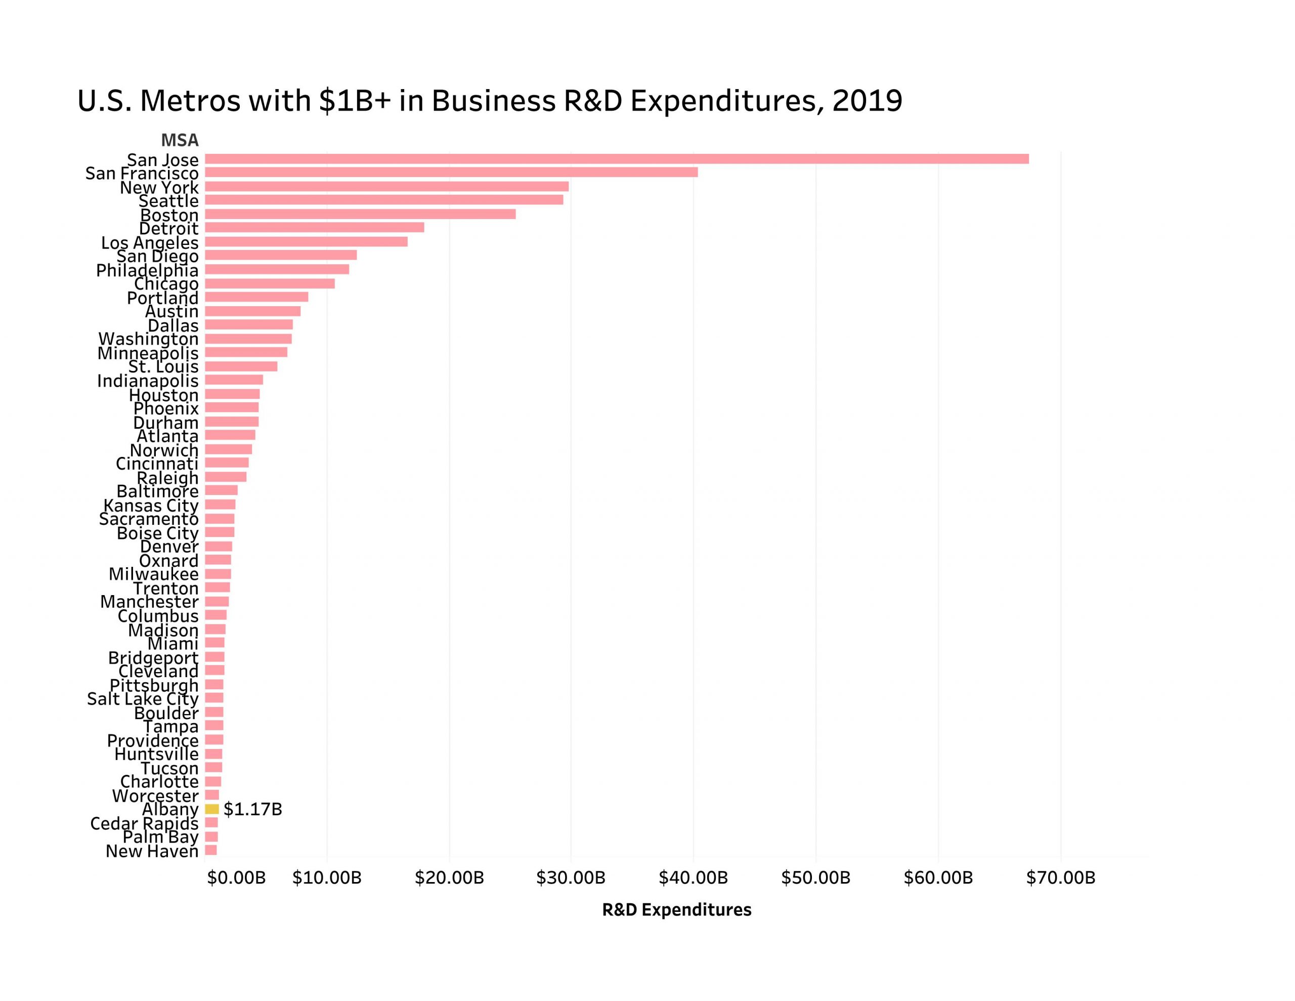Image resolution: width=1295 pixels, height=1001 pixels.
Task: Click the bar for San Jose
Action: click(617, 159)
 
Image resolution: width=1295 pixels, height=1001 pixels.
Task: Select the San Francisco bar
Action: click(451, 173)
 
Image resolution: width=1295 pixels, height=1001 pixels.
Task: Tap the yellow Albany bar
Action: click(211, 809)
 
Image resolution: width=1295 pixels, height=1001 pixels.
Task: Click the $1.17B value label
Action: click(252, 809)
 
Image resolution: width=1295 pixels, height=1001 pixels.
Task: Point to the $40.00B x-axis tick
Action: click(693, 878)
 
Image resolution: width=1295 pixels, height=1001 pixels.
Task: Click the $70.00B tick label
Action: click(1060, 878)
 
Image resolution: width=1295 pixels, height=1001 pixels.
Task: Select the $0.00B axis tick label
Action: click(236, 878)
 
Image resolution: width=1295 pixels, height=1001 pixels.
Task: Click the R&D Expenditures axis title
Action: click(676, 909)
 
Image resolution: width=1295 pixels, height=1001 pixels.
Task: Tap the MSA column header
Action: click(180, 140)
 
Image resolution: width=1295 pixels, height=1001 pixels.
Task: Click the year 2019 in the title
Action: click(867, 101)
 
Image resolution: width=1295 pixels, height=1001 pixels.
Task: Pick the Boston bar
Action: click(360, 214)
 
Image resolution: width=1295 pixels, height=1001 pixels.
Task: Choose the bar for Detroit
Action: click(314, 228)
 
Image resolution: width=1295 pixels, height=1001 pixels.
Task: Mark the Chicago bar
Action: click(270, 283)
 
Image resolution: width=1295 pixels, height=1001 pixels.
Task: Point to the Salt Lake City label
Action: click(142, 698)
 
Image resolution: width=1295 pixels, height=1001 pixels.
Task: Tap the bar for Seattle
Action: click(383, 200)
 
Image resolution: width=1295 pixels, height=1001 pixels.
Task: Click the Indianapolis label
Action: click(148, 381)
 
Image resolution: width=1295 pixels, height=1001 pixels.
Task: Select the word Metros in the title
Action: click(190, 101)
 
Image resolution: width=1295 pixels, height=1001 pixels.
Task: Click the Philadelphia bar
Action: click(277, 269)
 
